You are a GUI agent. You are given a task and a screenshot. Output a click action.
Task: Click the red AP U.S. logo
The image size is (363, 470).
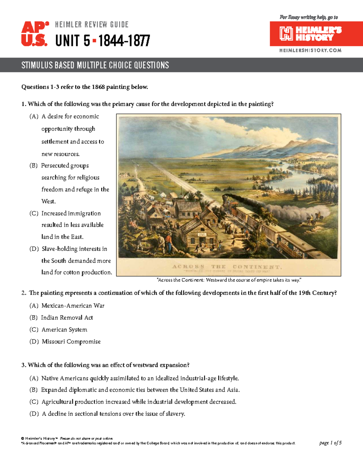click(x=34, y=34)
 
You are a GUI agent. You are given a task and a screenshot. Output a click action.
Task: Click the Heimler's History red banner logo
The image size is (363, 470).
click(x=316, y=34)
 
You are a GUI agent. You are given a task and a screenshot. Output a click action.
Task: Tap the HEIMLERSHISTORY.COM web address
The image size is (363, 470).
click(x=310, y=50)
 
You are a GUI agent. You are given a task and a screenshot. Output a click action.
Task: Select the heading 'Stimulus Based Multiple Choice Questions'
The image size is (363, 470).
click(x=95, y=65)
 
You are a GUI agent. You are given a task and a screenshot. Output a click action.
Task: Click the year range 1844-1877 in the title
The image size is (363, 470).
click(x=124, y=41)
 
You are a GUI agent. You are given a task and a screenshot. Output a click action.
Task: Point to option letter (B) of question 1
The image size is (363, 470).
click(x=34, y=166)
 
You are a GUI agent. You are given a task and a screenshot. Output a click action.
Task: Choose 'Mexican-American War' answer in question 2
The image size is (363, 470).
click(x=73, y=306)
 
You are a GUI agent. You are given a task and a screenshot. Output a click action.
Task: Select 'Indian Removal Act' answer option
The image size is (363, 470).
click(x=67, y=317)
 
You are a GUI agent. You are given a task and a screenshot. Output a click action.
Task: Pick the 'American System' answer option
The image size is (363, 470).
click(x=64, y=330)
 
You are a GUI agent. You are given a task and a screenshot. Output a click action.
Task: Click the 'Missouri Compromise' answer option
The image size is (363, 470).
click(x=71, y=341)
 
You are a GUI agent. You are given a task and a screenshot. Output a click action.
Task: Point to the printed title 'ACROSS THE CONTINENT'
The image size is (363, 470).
click(x=227, y=267)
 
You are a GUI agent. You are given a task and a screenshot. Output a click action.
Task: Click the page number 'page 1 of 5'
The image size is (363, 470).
click(x=330, y=443)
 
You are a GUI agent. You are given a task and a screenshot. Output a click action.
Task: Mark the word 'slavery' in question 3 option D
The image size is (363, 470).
click(x=175, y=414)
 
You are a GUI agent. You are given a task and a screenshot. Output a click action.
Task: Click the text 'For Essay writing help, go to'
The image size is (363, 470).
click(x=309, y=17)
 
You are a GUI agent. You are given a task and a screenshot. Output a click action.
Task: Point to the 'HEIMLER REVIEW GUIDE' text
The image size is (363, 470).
click(x=92, y=25)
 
